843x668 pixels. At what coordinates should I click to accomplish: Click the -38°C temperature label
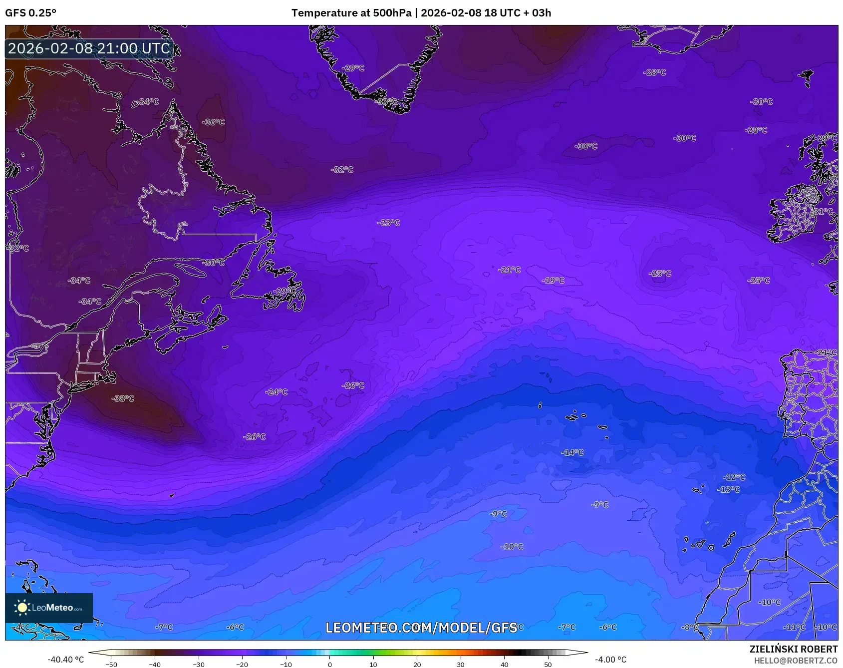(123, 398)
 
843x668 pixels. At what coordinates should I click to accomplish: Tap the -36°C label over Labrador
(213, 122)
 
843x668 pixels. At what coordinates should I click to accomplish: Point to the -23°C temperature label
(388, 223)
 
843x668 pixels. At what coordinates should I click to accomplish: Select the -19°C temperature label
(553, 281)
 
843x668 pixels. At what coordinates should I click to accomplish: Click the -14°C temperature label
(572, 452)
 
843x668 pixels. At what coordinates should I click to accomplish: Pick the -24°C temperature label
(276, 392)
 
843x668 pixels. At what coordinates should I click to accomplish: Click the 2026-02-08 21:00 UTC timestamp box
(89, 48)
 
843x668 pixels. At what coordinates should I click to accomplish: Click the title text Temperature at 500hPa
(351, 13)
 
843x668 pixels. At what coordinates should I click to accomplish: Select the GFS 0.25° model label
(31, 13)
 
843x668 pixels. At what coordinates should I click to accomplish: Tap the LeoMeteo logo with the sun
(49, 608)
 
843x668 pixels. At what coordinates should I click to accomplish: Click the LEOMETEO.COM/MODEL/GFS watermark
(421, 628)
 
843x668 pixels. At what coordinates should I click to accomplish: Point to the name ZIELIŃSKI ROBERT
(793, 649)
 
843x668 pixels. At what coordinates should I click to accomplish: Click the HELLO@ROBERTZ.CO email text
(795, 661)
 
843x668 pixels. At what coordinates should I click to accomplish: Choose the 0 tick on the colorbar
(329, 664)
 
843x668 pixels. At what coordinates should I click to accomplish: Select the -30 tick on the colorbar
(199, 664)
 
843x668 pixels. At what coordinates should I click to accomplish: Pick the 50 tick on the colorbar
(548, 664)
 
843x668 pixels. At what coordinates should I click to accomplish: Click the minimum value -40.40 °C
(66, 660)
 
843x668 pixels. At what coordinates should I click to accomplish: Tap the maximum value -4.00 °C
(610, 660)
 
